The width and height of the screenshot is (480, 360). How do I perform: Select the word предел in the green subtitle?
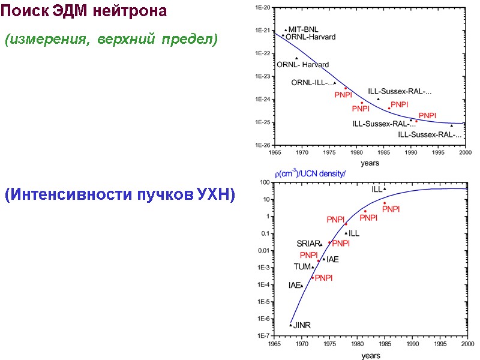pos(187,40)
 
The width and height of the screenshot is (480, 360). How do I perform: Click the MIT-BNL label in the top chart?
pos(304,29)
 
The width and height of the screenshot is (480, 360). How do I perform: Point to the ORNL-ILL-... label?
pos(312,83)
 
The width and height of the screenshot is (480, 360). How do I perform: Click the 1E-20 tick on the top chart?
pos(263,7)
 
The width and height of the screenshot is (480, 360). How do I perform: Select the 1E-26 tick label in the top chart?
pos(263,145)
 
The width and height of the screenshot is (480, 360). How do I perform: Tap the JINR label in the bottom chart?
pos(302,326)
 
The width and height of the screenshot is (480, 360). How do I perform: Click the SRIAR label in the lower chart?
pos(308,244)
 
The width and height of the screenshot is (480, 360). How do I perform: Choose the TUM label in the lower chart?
pos(301,266)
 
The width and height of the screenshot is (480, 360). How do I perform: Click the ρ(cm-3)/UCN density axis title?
pos(310,173)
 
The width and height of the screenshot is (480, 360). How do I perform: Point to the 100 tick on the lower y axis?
pos(263,182)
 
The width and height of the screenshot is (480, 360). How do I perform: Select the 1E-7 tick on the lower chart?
pos(263,336)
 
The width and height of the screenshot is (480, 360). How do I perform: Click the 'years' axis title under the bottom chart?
pos(370,355)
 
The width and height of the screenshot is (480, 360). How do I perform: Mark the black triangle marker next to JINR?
pos(291,325)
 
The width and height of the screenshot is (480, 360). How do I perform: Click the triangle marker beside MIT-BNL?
pos(286,29)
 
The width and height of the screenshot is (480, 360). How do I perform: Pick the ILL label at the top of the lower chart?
pos(376,189)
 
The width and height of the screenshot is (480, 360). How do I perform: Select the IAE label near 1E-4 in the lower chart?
pos(294,286)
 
